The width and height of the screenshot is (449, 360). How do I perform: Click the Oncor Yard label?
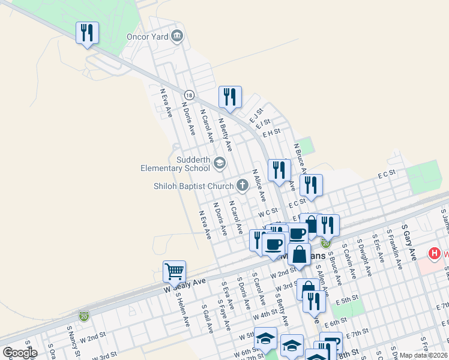(146, 36)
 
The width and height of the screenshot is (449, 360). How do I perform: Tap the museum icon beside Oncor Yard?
(176, 36)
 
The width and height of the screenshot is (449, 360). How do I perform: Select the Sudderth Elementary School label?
(175, 164)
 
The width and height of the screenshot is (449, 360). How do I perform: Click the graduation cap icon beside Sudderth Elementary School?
(220, 161)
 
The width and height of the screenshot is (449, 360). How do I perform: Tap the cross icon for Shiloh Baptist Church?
(243, 185)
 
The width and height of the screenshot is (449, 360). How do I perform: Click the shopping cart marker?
(174, 271)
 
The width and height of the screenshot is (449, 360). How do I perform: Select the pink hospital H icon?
(434, 254)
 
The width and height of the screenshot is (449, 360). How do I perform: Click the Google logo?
(19, 353)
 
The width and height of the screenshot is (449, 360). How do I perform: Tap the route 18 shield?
(190, 95)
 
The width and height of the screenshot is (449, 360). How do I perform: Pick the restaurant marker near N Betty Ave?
(230, 97)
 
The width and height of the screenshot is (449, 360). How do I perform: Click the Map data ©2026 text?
(424, 355)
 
